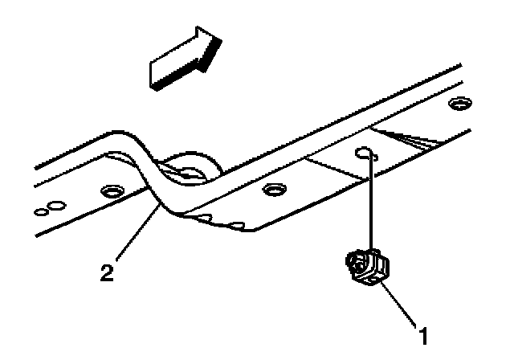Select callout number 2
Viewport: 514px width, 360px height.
(x=106, y=272)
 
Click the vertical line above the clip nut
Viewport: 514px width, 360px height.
(x=371, y=201)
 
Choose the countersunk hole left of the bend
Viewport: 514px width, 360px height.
(x=108, y=191)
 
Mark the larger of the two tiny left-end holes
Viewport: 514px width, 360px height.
(x=51, y=207)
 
